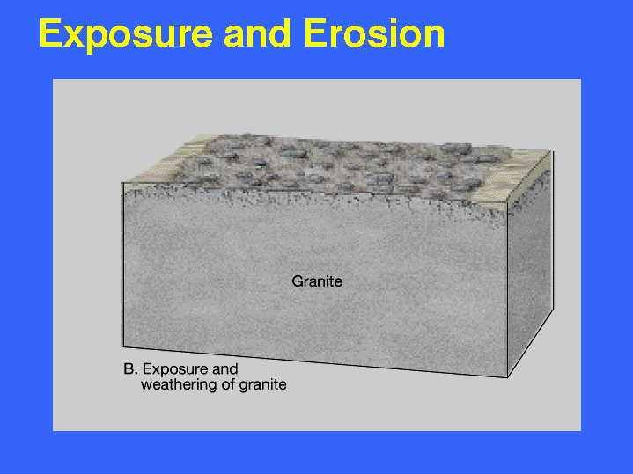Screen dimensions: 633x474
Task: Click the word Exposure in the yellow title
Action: [x=126, y=35]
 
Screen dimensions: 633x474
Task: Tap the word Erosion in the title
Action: [x=375, y=34]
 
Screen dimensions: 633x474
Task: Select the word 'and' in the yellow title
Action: [x=257, y=33]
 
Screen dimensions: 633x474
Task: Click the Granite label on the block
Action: [x=317, y=281]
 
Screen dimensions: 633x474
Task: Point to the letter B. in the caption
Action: [x=131, y=369]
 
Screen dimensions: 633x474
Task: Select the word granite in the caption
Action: [x=263, y=385]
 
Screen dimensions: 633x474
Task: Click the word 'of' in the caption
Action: [x=229, y=384]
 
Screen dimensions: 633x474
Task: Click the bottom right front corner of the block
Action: [x=507, y=377]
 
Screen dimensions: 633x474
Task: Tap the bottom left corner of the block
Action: [x=123, y=346]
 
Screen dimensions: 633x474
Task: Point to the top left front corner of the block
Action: [x=122, y=183]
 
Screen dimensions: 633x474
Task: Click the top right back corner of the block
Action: [x=553, y=151]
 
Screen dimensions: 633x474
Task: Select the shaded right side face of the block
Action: [x=530, y=266]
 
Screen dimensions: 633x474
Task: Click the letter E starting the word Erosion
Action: [x=315, y=34]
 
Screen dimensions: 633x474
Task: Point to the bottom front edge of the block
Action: [x=315, y=361]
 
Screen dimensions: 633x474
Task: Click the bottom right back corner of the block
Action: [x=553, y=309]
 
